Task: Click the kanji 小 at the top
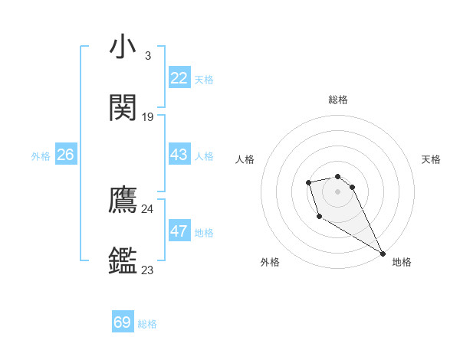click(123, 47)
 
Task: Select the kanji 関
click(123, 108)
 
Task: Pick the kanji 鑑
click(123, 260)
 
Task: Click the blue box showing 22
click(179, 78)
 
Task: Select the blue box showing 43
click(179, 155)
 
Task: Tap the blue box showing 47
click(179, 231)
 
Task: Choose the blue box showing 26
click(65, 155)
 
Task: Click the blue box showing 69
click(123, 322)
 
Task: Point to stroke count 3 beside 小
click(147, 56)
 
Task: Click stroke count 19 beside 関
click(148, 117)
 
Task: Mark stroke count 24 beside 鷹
click(148, 209)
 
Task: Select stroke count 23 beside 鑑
click(148, 270)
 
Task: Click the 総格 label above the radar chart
click(338, 100)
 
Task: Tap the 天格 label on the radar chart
click(431, 159)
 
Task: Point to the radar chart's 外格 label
click(270, 262)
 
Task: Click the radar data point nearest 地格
click(383, 254)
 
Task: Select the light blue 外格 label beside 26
click(41, 156)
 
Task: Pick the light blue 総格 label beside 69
click(147, 324)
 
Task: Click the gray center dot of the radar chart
click(337, 191)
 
